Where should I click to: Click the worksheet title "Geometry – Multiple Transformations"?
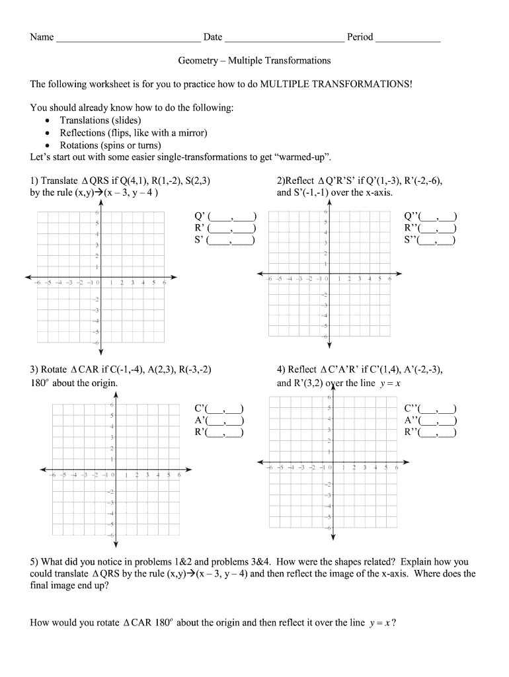pos(255,61)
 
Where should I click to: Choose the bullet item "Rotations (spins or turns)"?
pos(110,145)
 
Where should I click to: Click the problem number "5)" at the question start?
pos(35,562)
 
